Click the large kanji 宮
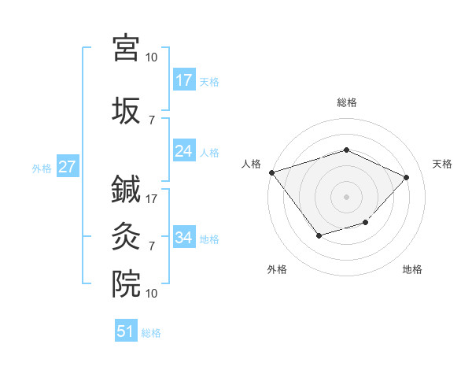tap(127, 47)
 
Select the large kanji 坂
tap(127, 110)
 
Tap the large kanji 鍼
tap(127, 190)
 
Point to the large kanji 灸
tap(127, 235)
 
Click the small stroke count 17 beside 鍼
tap(152, 199)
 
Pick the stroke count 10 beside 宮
tap(152, 57)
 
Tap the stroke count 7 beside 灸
tap(152, 246)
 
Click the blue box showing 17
tap(184, 80)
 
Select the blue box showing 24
tap(184, 151)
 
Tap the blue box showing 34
tap(184, 237)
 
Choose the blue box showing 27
tap(67, 167)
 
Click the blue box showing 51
tap(126, 331)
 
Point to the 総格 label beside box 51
tap(151, 333)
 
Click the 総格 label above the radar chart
tap(346, 102)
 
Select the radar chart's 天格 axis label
tap(443, 164)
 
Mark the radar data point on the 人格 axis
tap(271, 172)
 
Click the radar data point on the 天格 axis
tap(406, 177)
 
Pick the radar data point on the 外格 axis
tap(319, 235)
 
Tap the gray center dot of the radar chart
tap(346, 196)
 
